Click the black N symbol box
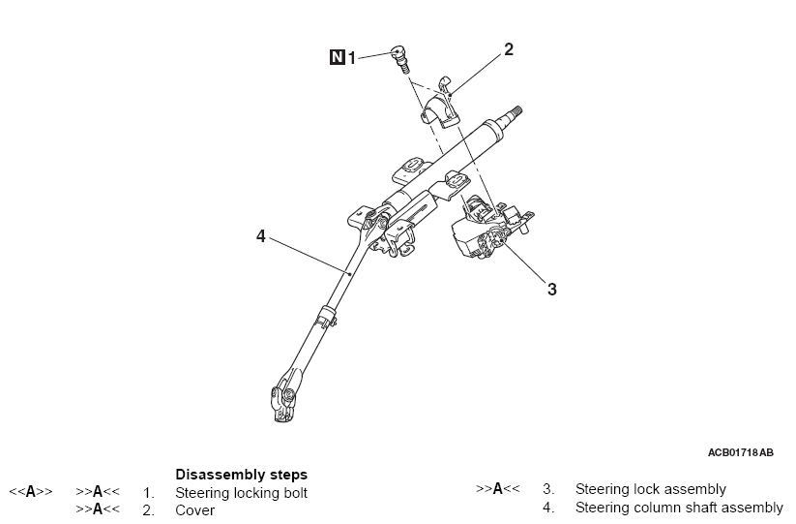pos(338,57)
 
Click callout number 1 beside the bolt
pos(351,57)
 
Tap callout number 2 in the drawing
pos(509,49)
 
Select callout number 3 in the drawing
pos(552,290)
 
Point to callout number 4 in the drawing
pos(261,235)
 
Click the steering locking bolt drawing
pos(400,59)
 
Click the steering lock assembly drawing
pos(490,227)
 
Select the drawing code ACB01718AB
pos(741,452)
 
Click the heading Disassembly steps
pos(241,475)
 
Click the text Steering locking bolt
pos(241,493)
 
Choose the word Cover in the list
pos(195,510)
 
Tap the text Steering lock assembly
pos(650,489)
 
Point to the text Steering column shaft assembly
pos(679,508)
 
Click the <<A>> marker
pos(30,491)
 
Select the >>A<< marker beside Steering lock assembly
pos(497,488)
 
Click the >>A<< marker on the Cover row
pos(98,509)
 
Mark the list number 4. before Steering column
pos(548,508)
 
